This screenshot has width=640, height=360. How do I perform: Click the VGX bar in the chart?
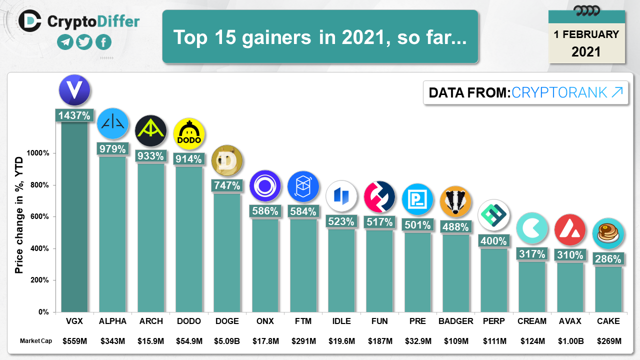click(74, 215)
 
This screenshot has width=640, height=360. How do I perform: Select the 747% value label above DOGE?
click(227, 185)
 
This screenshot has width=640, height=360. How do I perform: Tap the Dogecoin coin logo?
click(227, 160)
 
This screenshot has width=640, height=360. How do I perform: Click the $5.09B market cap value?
click(227, 341)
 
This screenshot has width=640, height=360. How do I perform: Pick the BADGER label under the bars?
click(455, 321)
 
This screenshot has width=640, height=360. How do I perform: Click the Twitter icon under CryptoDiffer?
click(84, 42)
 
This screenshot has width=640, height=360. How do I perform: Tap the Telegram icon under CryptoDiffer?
click(65, 42)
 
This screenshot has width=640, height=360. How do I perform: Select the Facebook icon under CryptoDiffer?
click(103, 42)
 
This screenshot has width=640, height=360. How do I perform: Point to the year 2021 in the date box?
click(586, 51)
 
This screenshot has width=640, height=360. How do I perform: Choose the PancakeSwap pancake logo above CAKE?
click(608, 233)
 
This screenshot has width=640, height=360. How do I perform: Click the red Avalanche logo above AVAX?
click(570, 229)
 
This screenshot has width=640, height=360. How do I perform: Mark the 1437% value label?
click(74, 115)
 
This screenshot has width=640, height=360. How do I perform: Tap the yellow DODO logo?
click(189, 134)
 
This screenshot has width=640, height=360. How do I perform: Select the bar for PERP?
click(493, 280)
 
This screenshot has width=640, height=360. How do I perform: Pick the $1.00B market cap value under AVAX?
click(570, 341)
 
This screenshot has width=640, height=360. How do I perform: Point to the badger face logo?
click(455, 201)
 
